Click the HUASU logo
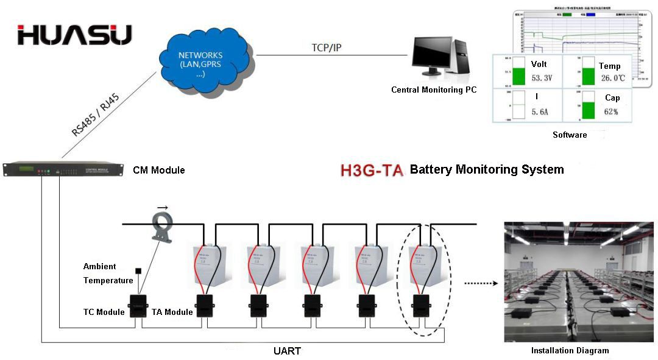tap(74, 35)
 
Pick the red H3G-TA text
tap(372, 170)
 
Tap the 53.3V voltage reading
tap(541, 79)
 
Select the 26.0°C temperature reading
tap(613, 79)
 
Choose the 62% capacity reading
tap(611, 112)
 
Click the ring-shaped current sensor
tap(163, 225)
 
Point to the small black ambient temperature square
tap(138, 270)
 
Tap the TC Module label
tap(104, 312)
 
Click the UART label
tap(286, 351)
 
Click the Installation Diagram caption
tap(570, 350)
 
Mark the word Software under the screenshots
tap(570, 135)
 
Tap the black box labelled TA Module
tap(205, 305)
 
